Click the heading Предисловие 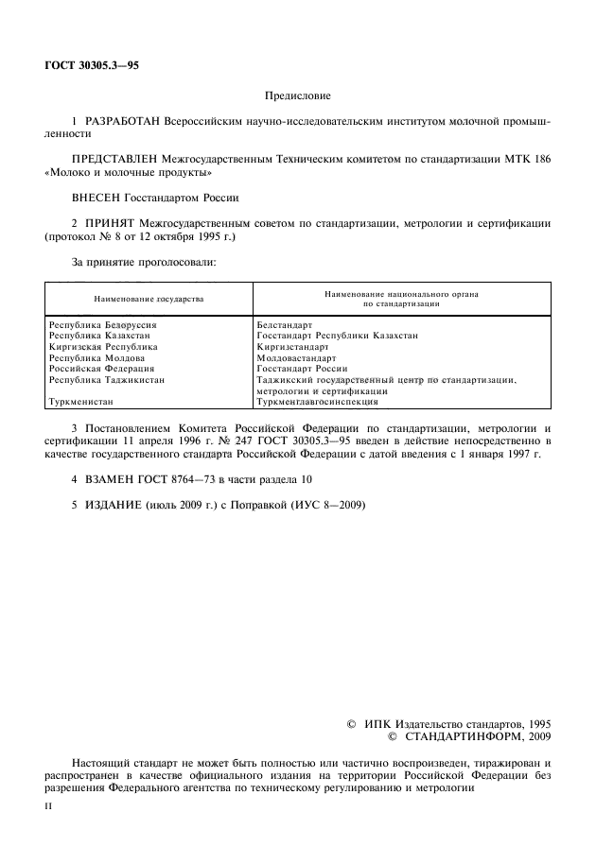(297, 95)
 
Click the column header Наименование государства (149, 299)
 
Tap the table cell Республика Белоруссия (102, 325)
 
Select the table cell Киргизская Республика (103, 347)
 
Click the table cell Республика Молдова (96, 358)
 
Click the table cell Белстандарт (285, 325)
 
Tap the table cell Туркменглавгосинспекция (317, 402)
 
